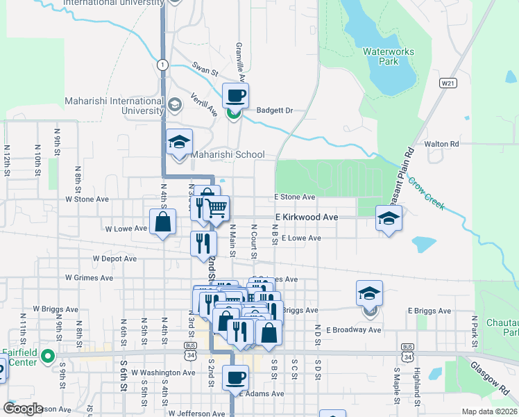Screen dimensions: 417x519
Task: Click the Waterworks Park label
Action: tap(381, 56)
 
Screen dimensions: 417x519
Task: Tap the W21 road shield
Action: tap(448, 83)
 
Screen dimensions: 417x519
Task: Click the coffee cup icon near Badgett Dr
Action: tap(235, 95)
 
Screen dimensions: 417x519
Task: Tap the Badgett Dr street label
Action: tap(275, 111)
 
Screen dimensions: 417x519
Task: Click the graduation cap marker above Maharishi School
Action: tap(179, 142)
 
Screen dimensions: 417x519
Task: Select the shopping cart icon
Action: tap(216, 207)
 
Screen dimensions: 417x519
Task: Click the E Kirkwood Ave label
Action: tap(306, 218)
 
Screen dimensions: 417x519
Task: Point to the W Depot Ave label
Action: tap(114, 259)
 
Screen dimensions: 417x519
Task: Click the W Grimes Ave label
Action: tap(89, 278)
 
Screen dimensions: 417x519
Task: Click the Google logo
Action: tap(22, 409)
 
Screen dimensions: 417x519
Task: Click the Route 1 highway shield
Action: tap(162, 65)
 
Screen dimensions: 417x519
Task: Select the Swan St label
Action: tap(205, 71)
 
